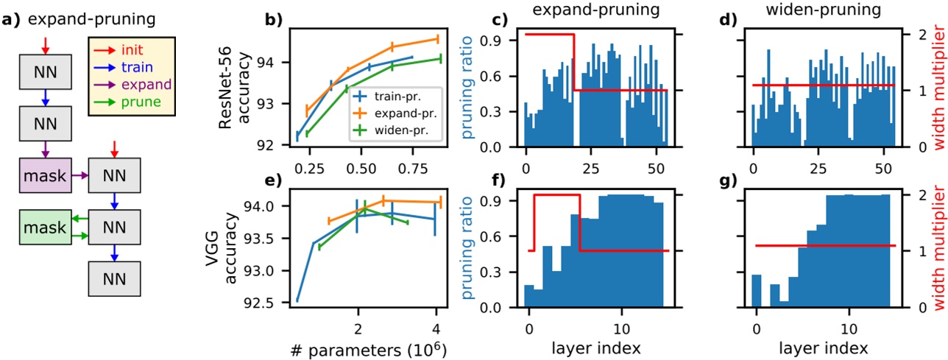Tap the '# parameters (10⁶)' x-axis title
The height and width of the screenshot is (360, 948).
(346, 348)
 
